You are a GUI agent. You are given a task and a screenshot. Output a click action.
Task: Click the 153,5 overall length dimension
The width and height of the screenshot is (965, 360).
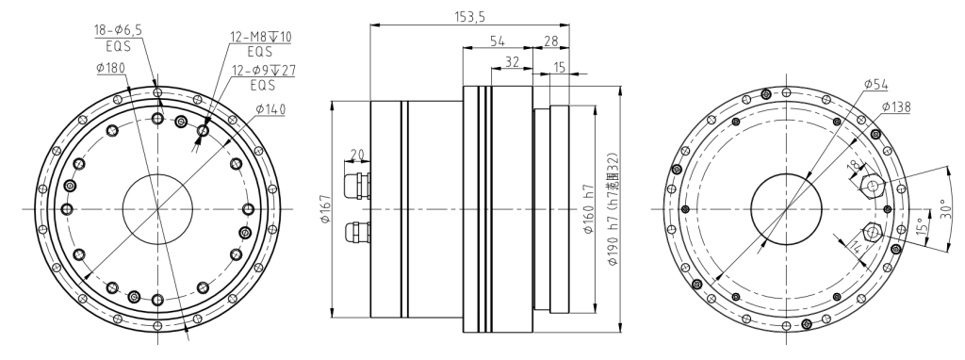click(470, 17)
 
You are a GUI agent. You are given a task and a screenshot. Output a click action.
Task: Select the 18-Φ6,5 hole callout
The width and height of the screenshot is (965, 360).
click(117, 30)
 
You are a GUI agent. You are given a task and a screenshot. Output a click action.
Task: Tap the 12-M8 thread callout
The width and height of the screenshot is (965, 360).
click(261, 37)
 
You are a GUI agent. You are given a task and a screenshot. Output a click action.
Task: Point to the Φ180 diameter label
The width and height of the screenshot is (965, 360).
click(111, 68)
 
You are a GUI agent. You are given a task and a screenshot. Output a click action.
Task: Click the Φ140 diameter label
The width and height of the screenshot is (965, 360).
click(270, 109)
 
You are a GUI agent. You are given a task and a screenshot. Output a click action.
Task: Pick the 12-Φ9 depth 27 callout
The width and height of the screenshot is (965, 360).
click(263, 71)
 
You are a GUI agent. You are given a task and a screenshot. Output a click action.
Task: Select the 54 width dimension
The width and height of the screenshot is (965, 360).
click(498, 41)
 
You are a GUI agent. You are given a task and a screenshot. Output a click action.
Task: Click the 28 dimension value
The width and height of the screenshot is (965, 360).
click(550, 41)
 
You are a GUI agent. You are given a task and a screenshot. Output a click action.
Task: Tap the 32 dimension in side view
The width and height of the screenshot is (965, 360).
click(512, 61)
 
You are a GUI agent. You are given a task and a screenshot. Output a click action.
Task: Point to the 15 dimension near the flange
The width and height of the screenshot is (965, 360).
click(560, 68)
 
